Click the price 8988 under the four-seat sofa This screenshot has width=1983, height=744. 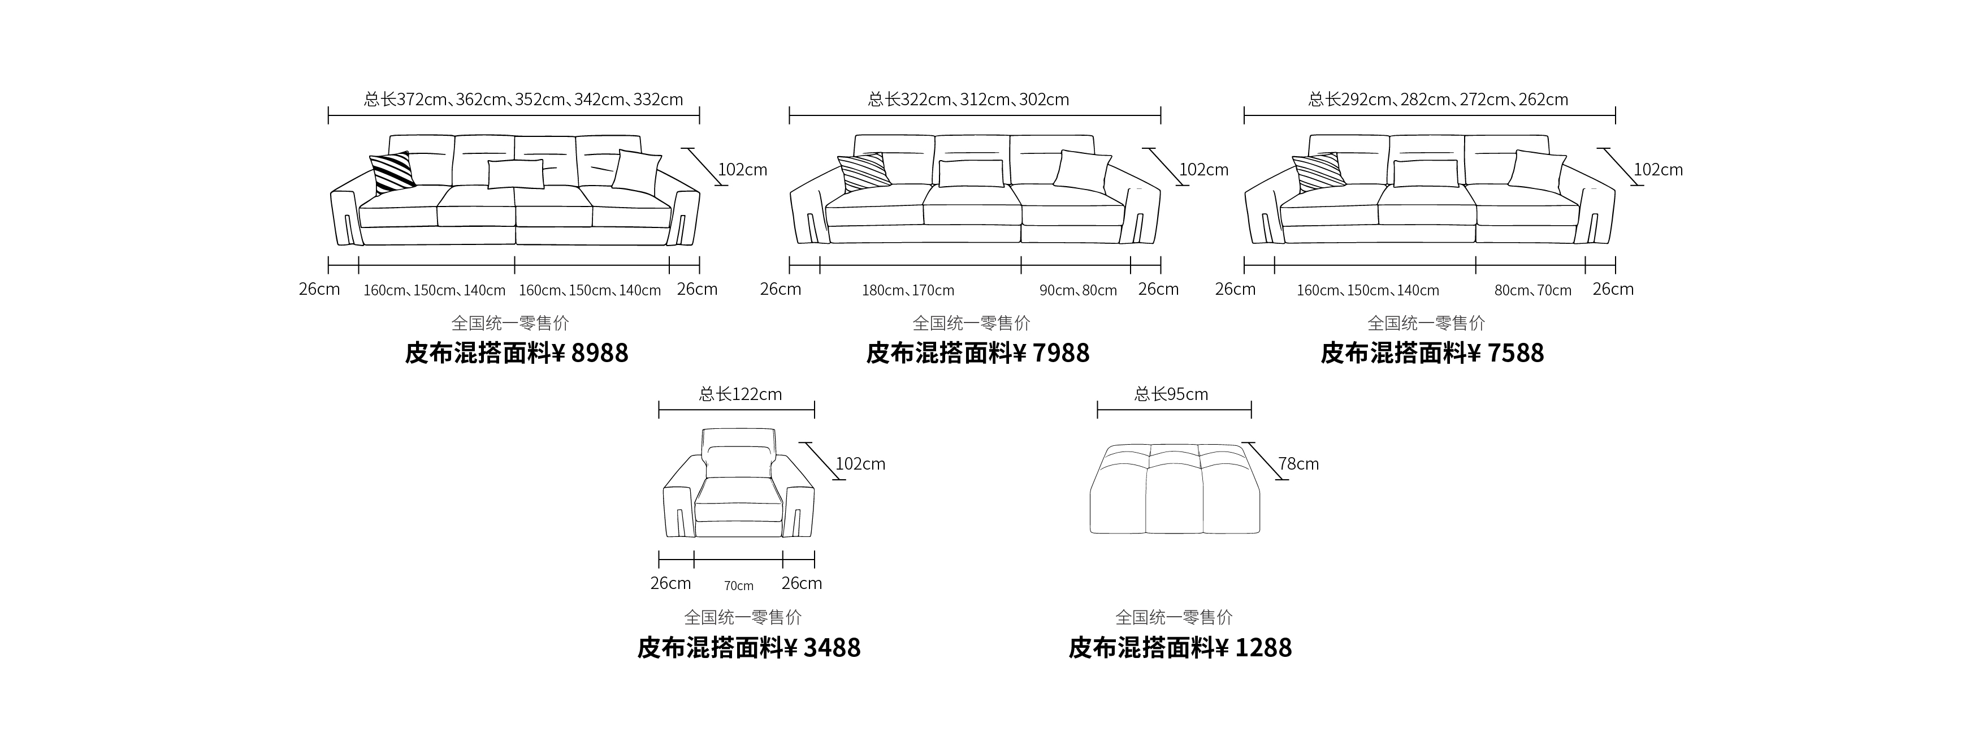point(600,352)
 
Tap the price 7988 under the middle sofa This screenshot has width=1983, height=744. point(1061,352)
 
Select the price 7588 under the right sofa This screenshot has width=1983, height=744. point(1516,352)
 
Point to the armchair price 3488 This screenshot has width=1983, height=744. point(832,648)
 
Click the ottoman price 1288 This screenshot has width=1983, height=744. point(1263,648)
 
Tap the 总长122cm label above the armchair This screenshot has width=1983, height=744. point(741,394)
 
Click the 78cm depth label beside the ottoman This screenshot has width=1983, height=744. point(1298,463)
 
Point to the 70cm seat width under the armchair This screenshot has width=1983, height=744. point(738,586)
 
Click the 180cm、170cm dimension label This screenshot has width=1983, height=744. point(908,290)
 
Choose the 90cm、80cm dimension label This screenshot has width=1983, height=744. point(1078,290)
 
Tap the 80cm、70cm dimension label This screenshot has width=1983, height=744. point(1532,290)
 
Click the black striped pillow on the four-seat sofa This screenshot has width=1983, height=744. point(393,173)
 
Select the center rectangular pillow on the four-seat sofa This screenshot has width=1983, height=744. point(516,174)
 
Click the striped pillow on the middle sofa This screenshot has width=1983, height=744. point(864,172)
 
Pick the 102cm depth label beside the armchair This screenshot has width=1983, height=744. point(860,463)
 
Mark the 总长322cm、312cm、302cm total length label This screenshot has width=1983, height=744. point(968,100)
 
